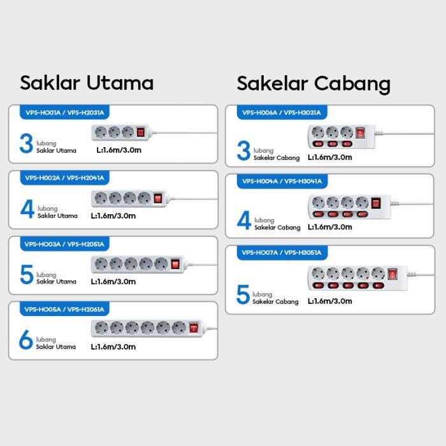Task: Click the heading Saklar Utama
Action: (87, 83)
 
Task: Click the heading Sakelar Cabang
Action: (313, 83)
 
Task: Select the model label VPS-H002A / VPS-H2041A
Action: (64, 178)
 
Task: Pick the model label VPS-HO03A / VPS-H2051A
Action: (64, 243)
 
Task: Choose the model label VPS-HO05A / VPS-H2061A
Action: (64, 309)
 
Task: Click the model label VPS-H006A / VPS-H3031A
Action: (280, 113)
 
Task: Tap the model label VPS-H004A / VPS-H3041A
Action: (281, 182)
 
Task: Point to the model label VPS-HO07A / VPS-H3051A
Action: (281, 252)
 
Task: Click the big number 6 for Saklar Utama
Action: (25, 340)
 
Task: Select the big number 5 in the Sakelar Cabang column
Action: (243, 295)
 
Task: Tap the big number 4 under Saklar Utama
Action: (27, 209)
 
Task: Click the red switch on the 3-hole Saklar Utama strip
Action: (141, 131)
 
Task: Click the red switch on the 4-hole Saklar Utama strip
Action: (157, 198)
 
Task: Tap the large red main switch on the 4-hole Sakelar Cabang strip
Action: (376, 203)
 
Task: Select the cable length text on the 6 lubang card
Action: (113, 347)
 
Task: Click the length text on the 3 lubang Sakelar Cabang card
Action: (329, 157)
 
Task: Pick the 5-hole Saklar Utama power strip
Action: (138, 263)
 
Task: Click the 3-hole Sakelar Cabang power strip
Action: (338, 136)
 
